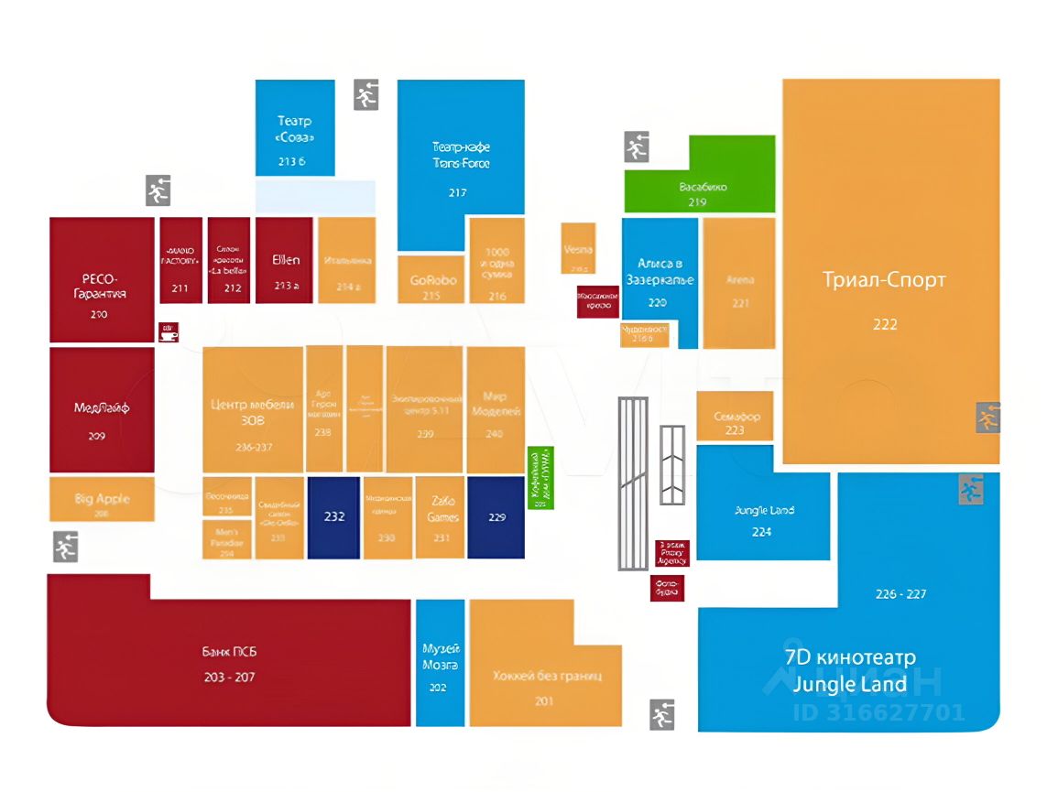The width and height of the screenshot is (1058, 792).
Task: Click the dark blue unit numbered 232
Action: coord(333,517)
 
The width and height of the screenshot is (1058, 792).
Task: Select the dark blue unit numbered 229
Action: coord(496,517)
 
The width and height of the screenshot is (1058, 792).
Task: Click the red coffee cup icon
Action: coord(169,332)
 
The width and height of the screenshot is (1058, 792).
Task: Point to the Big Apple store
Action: coord(101,500)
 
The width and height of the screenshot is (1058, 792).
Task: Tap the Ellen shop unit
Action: coord(285,266)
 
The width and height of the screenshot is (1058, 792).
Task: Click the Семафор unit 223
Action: coord(735,417)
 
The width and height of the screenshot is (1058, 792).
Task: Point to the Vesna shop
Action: coord(578,248)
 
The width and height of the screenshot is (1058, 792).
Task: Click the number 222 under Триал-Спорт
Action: coord(884,324)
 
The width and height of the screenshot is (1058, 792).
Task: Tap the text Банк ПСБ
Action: coord(229,652)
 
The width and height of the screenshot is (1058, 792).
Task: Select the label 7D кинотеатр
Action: coord(849,657)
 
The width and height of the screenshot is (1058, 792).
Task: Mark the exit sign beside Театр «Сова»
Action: coord(366,95)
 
